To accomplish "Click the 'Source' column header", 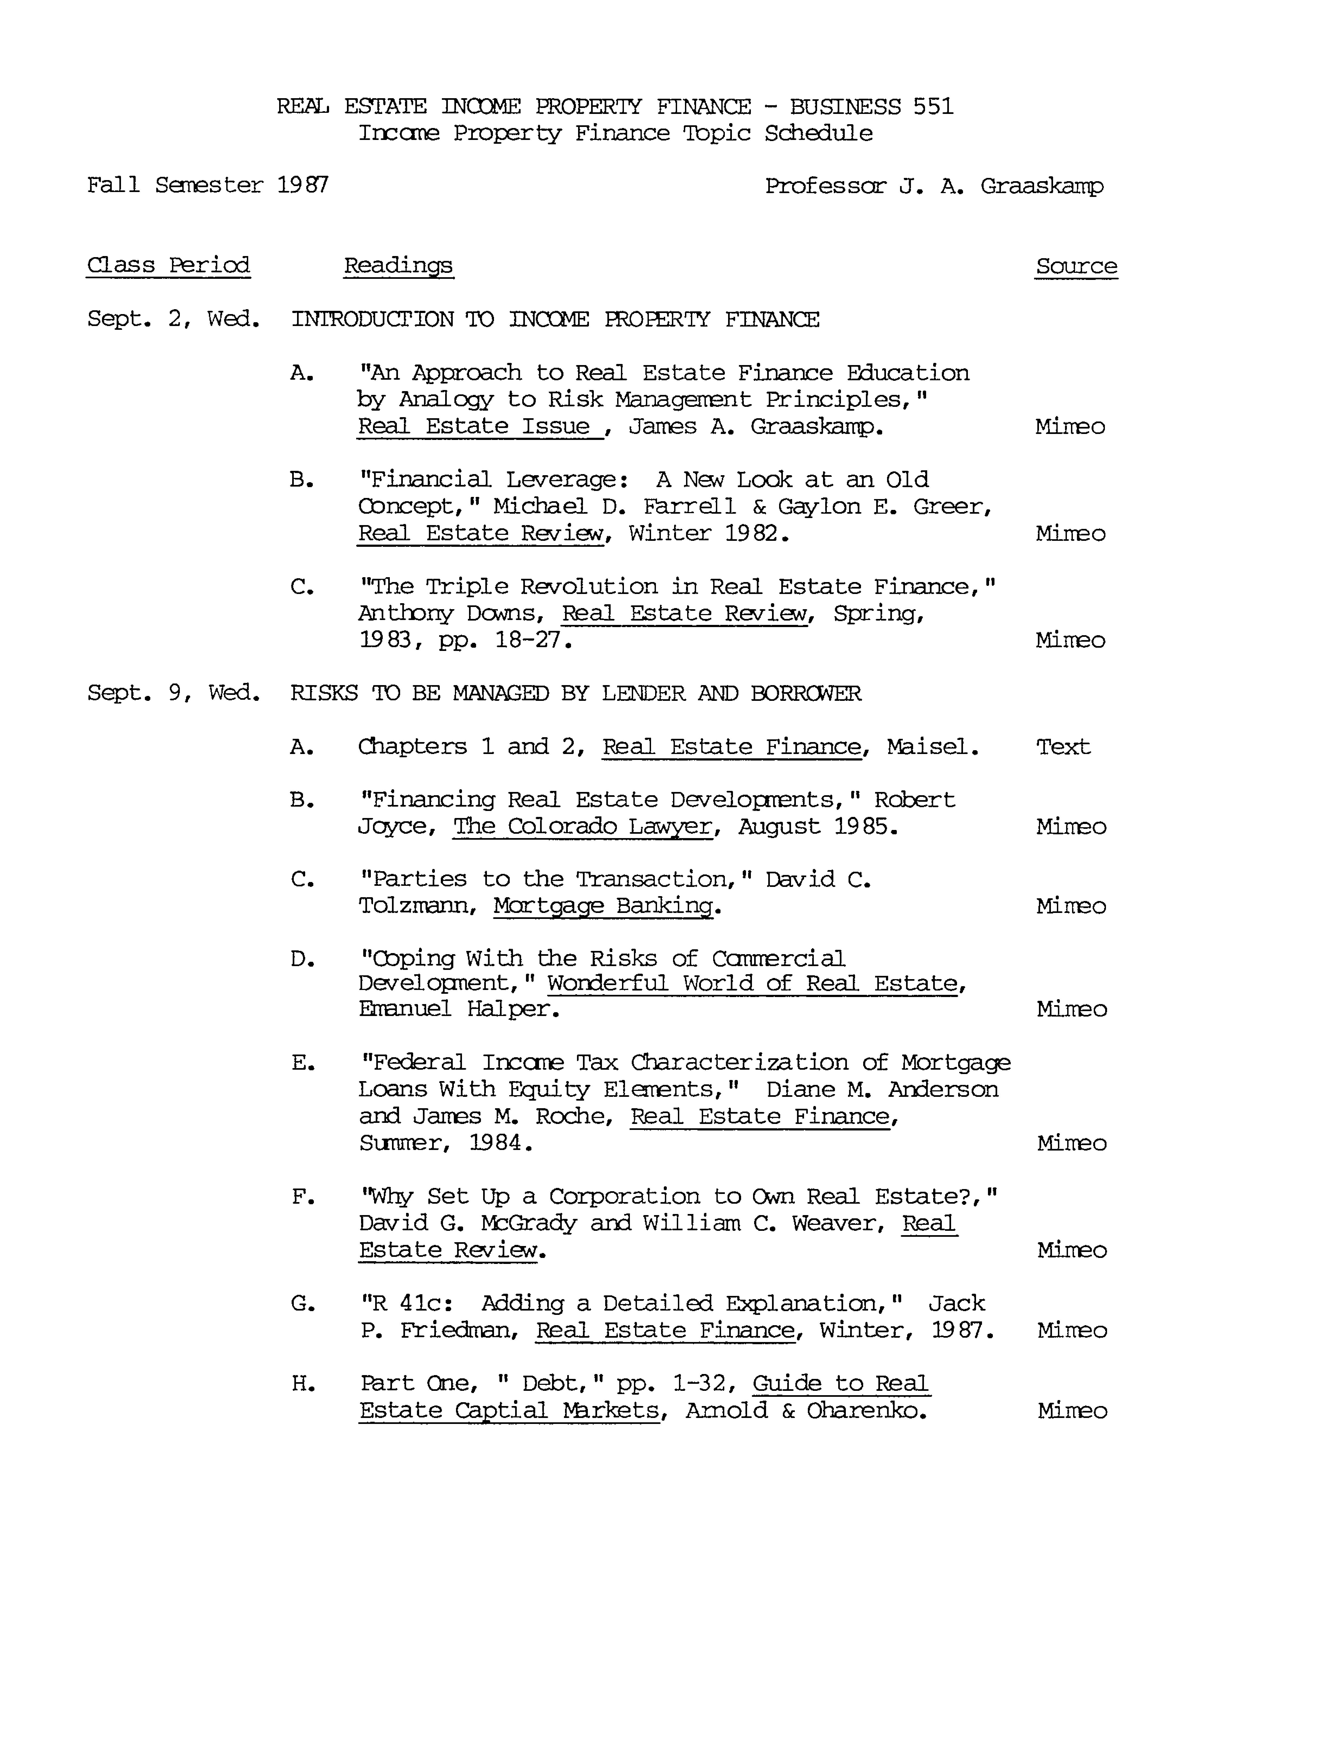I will [x=1076, y=266].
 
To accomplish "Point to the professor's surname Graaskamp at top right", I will [x=1042, y=186].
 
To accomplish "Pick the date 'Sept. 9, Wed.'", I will [x=173, y=693].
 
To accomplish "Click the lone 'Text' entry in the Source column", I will [x=1063, y=747].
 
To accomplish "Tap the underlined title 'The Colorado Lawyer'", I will [x=582, y=827].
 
